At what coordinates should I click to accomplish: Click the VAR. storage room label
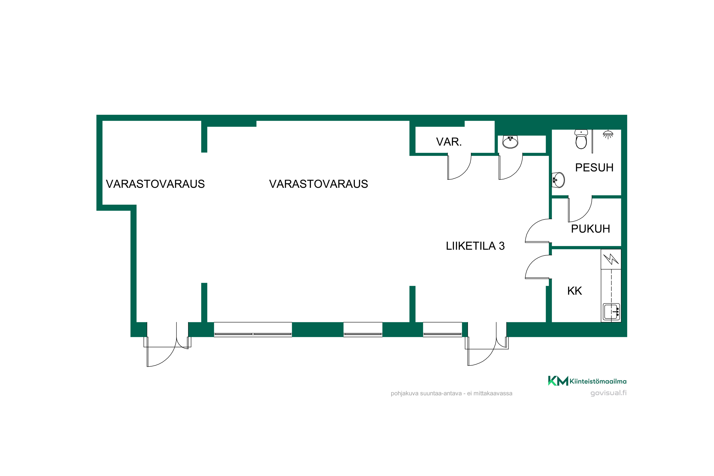[x=449, y=142]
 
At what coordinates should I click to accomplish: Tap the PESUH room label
[x=594, y=168]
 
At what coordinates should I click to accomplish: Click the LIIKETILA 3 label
[x=475, y=246]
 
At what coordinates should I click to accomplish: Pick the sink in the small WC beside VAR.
[x=510, y=142]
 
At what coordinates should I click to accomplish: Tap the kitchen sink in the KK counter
[x=611, y=312]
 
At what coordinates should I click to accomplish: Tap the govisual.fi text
[x=608, y=393]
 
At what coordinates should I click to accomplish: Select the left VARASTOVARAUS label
[x=155, y=184]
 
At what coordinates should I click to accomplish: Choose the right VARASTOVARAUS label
[x=318, y=184]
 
